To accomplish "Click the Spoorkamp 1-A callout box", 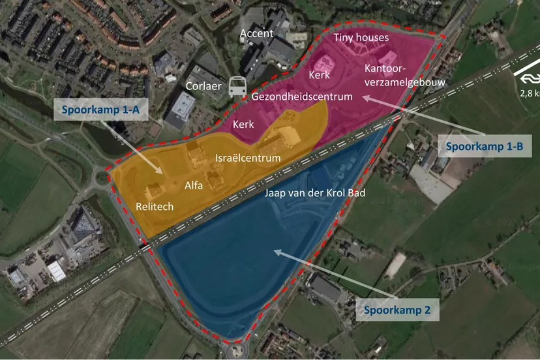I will [x=100, y=109].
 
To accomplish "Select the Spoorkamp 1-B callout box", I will [x=485, y=147].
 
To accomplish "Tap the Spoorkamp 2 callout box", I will [x=397, y=310].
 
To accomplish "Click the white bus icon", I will [x=237, y=87].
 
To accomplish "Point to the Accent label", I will [x=256, y=33].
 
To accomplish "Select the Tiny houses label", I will [x=361, y=38].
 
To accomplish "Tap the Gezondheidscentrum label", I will [x=302, y=97].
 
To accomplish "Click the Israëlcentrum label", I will [x=248, y=158].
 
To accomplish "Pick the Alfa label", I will [x=194, y=185].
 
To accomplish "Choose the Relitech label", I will [x=155, y=207].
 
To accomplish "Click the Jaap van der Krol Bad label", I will [x=314, y=194].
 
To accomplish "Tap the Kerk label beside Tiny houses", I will [x=320, y=76].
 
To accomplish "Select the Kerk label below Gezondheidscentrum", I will [x=243, y=124].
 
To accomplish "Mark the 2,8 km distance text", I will [x=530, y=93].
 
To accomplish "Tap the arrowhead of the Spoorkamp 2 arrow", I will [x=275, y=250].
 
